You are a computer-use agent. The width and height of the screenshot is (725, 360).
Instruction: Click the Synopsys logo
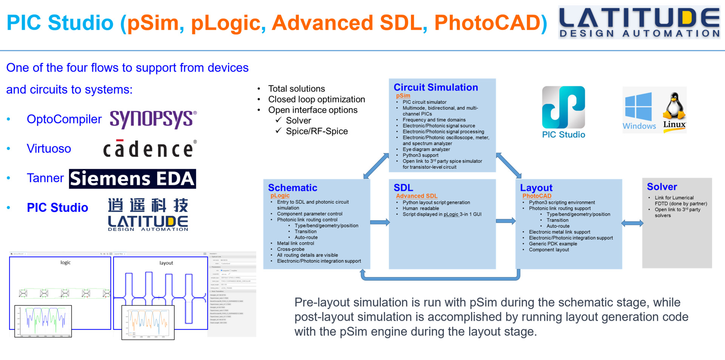153,119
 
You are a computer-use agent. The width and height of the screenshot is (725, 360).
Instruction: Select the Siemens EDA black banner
132,179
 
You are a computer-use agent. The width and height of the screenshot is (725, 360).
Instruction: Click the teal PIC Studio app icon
563,108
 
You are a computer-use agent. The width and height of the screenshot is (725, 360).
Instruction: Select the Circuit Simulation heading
436,87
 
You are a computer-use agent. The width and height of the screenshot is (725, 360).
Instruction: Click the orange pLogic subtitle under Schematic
280,195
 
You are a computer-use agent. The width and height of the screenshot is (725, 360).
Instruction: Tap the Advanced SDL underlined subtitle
416,196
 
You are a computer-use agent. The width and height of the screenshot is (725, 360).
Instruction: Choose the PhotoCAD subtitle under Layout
537,196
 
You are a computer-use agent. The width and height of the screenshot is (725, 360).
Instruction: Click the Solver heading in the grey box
662,187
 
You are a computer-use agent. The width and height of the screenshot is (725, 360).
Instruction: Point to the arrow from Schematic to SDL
379,222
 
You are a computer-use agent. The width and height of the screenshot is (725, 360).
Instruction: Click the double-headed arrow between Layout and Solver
632,223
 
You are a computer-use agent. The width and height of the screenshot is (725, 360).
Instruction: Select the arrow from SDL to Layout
506,221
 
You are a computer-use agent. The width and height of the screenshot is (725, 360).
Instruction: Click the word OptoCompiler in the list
64,119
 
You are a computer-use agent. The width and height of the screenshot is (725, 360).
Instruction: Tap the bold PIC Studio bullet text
57,207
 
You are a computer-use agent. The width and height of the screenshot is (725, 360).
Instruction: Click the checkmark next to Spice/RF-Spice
279,131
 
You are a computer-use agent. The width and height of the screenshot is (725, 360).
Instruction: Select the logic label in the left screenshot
65,262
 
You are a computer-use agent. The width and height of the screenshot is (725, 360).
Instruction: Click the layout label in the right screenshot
166,263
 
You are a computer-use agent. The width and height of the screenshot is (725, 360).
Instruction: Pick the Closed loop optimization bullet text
316,99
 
